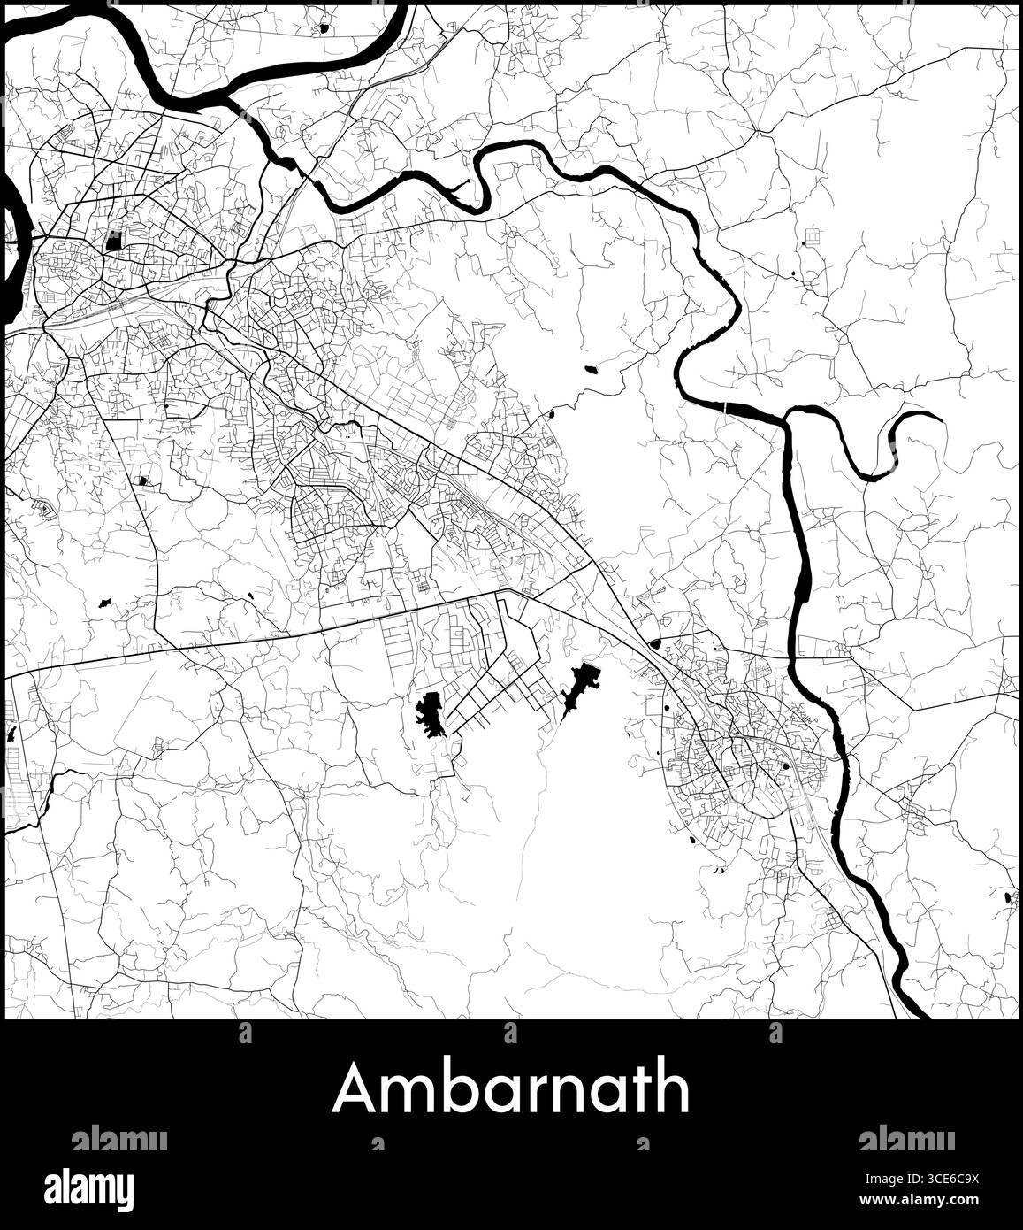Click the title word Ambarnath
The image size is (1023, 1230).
pyautogui.click(x=511, y=1088)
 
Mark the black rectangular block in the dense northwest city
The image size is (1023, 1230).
pyautogui.click(x=113, y=240)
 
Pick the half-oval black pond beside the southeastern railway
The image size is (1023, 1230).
pyautogui.click(x=654, y=644)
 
